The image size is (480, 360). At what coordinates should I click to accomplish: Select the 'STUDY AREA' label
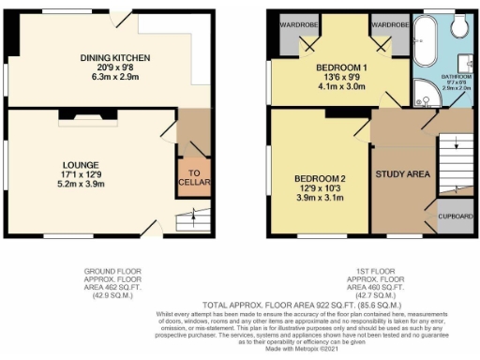[402, 175]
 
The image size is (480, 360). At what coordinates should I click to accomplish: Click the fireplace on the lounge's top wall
[89, 114]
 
